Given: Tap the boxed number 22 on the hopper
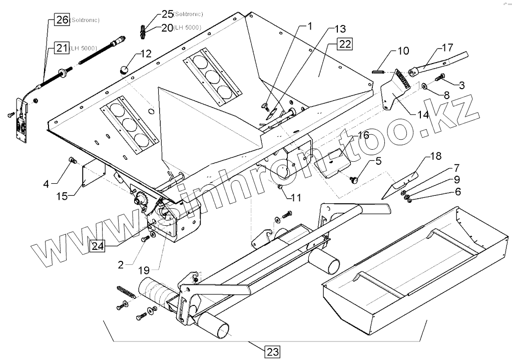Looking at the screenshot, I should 344,44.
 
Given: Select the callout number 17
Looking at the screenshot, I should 447,48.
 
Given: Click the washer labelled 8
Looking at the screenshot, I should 424,87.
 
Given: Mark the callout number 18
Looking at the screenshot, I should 436,156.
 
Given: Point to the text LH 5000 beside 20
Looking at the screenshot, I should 187,27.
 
